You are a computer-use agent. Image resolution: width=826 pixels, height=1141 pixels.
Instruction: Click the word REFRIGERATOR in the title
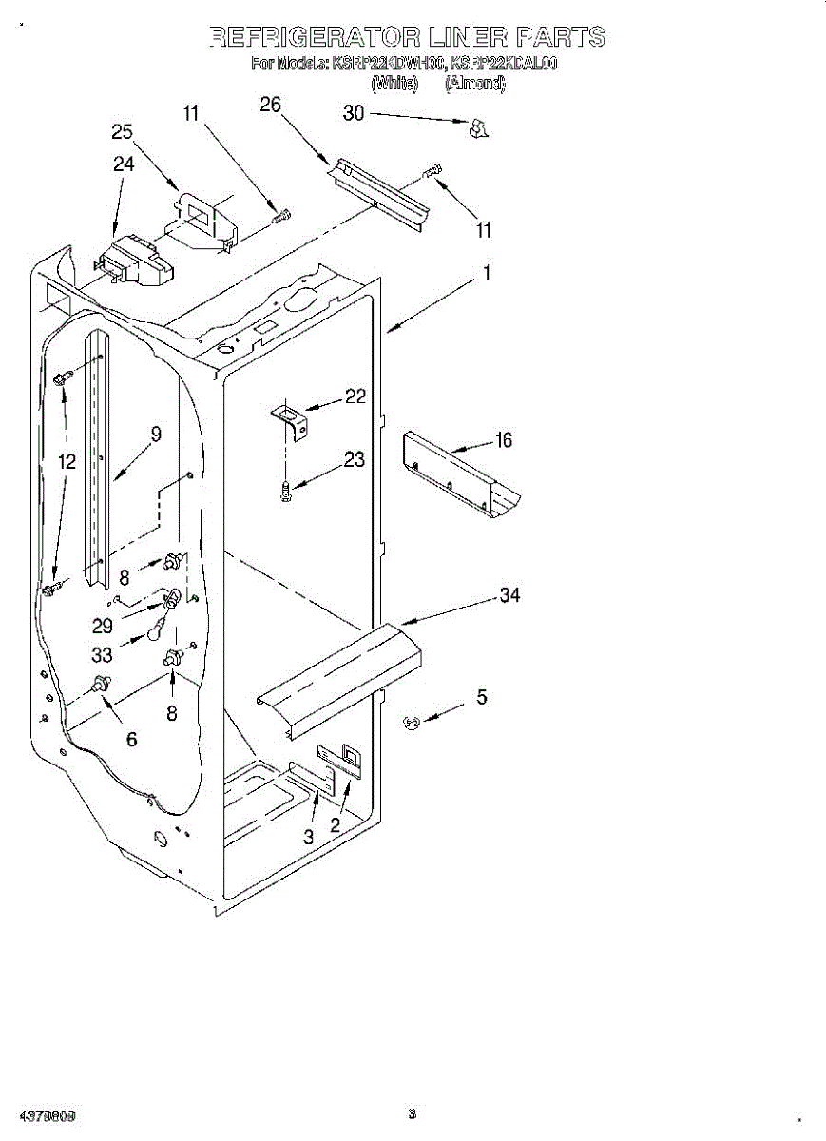(312, 37)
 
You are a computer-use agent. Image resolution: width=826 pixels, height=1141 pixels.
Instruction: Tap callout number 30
(353, 113)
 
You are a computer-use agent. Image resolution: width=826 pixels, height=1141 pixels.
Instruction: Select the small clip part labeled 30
(478, 128)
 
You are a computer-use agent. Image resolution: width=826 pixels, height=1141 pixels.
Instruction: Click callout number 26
(270, 105)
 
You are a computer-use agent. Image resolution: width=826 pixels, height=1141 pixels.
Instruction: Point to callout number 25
(122, 132)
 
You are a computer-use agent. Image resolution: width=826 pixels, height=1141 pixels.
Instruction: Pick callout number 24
(124, 164)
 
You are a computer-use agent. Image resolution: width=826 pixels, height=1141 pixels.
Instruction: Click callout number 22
(355, 396)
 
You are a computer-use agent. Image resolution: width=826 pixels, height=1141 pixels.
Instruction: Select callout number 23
(354, 460)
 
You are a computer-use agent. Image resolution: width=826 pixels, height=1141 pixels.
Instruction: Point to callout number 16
(503, 439)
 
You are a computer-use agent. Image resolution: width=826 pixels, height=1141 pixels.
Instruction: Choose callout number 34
(509, 595)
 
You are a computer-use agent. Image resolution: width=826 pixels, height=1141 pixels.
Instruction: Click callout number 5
(481, 697)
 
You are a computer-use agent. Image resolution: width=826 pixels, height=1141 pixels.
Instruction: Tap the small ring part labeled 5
(412, 724)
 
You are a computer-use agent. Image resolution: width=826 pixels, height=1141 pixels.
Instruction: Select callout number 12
(66, 462)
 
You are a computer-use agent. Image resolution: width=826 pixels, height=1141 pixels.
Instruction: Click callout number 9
(155, 434)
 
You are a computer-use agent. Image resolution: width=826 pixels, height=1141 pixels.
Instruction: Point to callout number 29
(103, 627)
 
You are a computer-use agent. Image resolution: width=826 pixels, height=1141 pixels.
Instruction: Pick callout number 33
(102, 655)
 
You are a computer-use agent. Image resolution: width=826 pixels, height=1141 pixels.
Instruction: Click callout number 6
(131, 739)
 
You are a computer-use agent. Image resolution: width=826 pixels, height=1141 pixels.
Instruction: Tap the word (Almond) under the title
(475, 84)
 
